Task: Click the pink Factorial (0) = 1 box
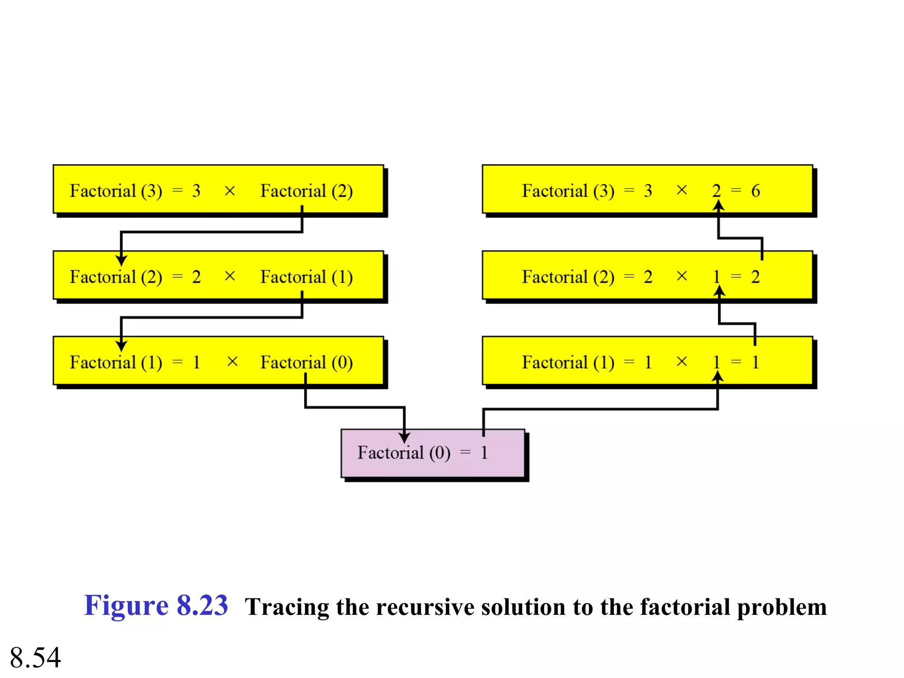coord(433,453)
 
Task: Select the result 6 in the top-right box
coord(755,191)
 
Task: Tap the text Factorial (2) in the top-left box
coord(306,191)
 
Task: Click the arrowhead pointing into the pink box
coord(404,437)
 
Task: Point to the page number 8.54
coord(35,657)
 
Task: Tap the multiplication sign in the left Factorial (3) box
coord(230,191)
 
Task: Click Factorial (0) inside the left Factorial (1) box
coord(306,362)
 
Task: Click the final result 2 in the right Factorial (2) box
coord(755,277)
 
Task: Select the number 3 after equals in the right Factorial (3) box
coord(648,191)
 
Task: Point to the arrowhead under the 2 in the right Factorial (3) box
coord(719,205)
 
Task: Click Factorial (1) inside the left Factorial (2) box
coord(306,277)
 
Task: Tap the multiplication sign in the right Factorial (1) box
coord(682,362)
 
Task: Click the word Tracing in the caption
coord(287,607)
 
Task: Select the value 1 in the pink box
coord(484,453)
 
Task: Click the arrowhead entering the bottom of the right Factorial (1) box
coord(718,377)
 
